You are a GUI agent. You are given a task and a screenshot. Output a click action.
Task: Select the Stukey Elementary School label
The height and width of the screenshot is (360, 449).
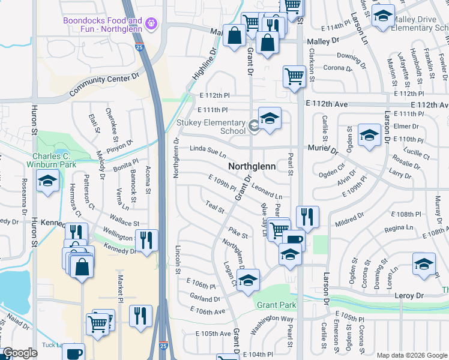(211, 126)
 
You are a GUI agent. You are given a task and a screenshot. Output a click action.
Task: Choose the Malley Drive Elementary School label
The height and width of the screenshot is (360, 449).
(420, 23)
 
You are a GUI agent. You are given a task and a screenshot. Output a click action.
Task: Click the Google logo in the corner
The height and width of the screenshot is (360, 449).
(20, 353)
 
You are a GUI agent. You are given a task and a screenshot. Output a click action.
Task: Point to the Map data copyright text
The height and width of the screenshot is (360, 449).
(412, 355)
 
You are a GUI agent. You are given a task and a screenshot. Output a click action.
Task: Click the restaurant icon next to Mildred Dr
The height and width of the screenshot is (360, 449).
(307, 217)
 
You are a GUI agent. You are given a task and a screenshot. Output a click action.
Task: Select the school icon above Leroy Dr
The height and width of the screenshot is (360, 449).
(424, 263)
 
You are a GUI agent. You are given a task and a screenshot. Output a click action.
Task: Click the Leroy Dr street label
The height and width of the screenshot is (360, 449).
(409, 295)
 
